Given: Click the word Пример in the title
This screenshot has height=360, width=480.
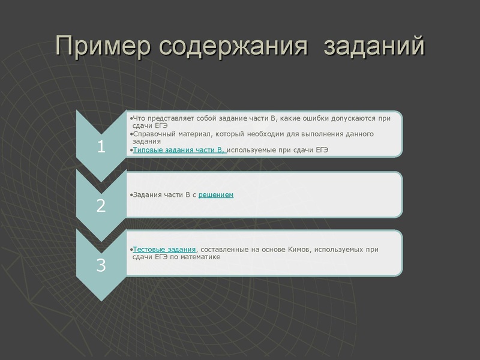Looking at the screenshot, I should tap(100, 46).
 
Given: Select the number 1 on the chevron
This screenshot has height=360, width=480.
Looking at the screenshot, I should tap(101, 146).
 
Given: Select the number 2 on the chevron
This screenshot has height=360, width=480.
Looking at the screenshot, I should tap(101, 205).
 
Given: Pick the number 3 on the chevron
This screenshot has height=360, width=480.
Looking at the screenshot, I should tap(101, 265).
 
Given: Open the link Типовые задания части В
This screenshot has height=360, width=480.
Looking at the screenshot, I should tap(178, 149).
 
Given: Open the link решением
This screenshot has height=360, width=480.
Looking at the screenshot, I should tap(215, 195).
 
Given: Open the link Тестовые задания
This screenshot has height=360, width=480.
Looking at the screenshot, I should tap(164, 249).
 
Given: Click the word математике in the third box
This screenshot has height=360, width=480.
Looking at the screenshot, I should tap(200, 257).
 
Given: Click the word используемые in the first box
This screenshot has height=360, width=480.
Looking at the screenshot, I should tap(251, 149).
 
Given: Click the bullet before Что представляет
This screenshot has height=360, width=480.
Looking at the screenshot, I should tap(131, 118).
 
